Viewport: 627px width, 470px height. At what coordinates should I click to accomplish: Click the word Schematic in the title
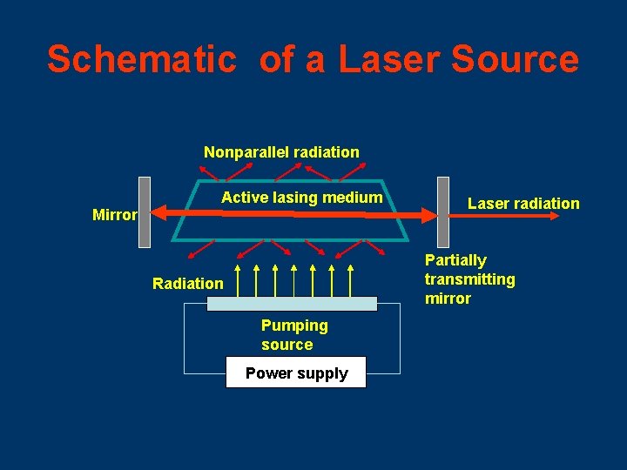tap(141, 59)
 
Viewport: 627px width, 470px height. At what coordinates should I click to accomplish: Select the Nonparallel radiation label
tap(281, 152)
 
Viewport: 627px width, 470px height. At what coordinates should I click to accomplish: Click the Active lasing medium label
tap(301, 198)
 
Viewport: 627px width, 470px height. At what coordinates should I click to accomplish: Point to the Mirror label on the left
tap(114, 215)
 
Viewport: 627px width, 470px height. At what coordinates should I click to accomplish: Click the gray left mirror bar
tap(145, 211)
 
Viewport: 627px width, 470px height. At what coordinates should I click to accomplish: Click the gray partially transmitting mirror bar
tap(443, 211)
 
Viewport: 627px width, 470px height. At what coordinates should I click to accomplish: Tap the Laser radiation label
tap(523, 204)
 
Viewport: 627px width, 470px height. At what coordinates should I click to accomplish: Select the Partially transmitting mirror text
tap(469, 279)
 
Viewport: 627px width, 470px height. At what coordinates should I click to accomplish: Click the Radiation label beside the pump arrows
tap(187, 283)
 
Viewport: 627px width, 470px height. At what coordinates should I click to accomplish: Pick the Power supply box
tap(296, 373)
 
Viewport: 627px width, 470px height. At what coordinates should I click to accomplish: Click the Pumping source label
tap(294, 335)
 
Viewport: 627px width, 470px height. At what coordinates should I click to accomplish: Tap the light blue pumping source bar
tap(292, 303)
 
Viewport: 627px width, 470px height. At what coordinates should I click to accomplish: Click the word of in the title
tap(276, 59)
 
